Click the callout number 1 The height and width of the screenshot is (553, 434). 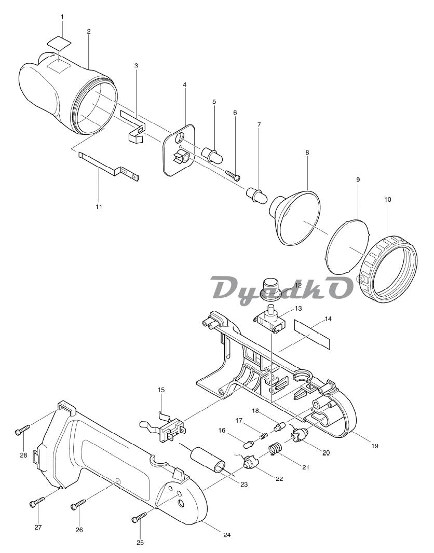(62, 17)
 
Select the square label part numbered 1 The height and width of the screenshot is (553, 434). (59, 44)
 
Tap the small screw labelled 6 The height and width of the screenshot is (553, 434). (233, 174)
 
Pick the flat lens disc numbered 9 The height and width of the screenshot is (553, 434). (347, 245)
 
